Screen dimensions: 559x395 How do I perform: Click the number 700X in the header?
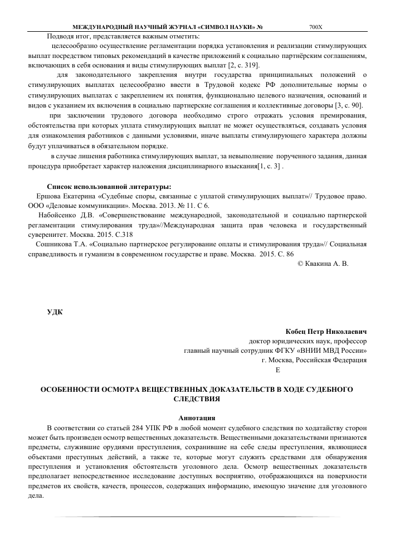click(315, 27)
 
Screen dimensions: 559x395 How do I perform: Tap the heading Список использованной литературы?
click(109, 187)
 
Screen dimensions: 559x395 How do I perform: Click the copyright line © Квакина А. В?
click(323, 264)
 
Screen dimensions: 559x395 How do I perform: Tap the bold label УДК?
click(54, 311)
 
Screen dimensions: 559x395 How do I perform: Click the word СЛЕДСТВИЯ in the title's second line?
click(197, 399)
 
